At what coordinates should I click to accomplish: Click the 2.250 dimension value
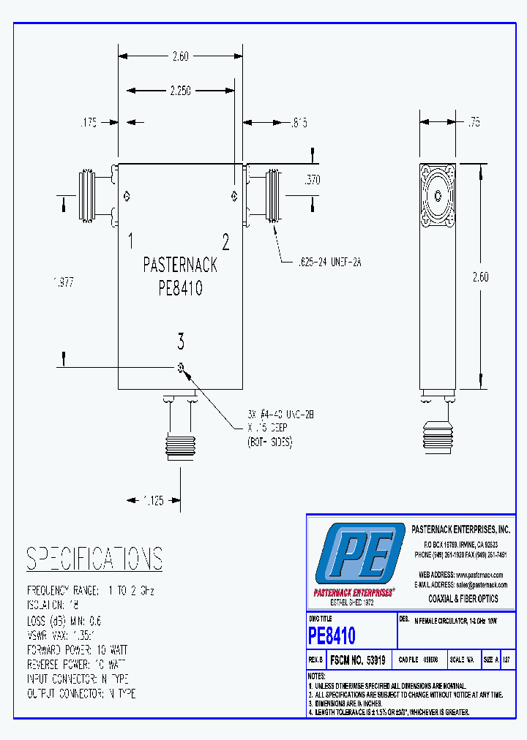(180, 91)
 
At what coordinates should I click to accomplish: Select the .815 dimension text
(297, 124)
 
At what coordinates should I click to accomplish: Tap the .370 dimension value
(313, 180)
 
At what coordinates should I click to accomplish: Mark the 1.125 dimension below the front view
(153, 501)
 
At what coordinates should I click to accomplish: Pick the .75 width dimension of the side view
(474, 124)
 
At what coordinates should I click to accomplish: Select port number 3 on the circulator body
(181, 341)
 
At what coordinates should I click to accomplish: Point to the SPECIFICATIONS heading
(94, 559)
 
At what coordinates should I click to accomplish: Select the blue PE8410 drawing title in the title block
(332, 635)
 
